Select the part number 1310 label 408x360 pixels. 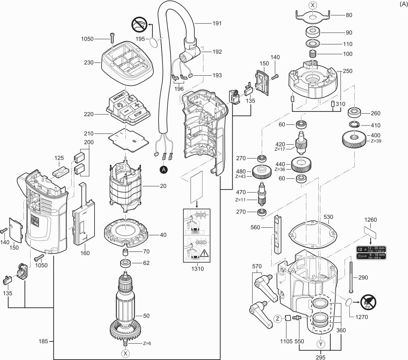[x=197, y=269]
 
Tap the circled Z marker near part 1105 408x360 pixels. [x=277, y=319]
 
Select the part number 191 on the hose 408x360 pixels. [x=217, y=23]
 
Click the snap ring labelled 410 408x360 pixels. [x=355, y=124]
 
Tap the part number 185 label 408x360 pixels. [x=43, y=341]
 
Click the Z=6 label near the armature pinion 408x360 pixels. [x=147, y=343]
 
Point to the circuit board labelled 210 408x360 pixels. [x=128, y=139]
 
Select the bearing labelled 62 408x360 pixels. [x=126, y=263]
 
